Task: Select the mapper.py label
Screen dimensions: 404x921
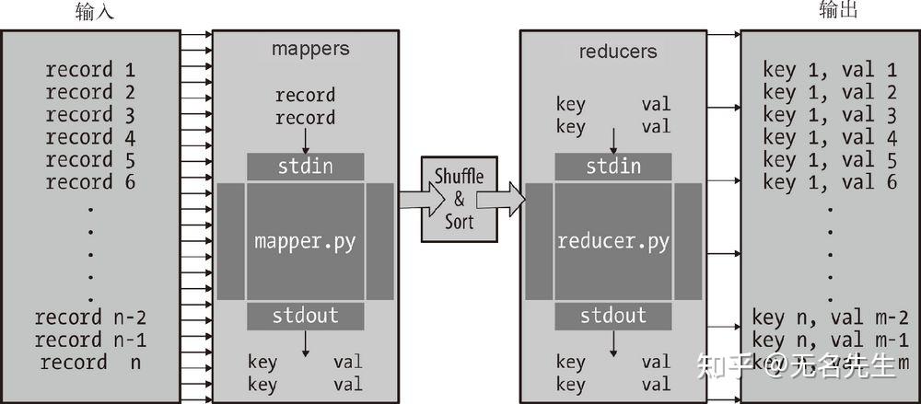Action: pos(305,243)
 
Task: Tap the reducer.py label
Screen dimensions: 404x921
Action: pos(612,243)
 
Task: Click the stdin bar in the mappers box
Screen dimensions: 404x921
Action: pos(305,167)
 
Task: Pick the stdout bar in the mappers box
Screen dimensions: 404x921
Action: pos(305,317)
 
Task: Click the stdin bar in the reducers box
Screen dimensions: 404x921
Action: pos(612,167)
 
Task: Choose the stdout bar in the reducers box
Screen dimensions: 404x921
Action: pos(612,317)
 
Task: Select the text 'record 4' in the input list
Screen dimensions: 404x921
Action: pos(91,137)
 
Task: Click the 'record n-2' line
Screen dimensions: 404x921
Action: pos(91,317)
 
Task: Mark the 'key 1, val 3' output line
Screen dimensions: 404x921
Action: pos(830,115)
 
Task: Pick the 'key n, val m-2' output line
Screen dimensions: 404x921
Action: pos(830,317)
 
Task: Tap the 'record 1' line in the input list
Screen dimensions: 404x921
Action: pos(91,70)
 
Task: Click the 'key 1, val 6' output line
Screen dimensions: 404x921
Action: pos(830,182)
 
